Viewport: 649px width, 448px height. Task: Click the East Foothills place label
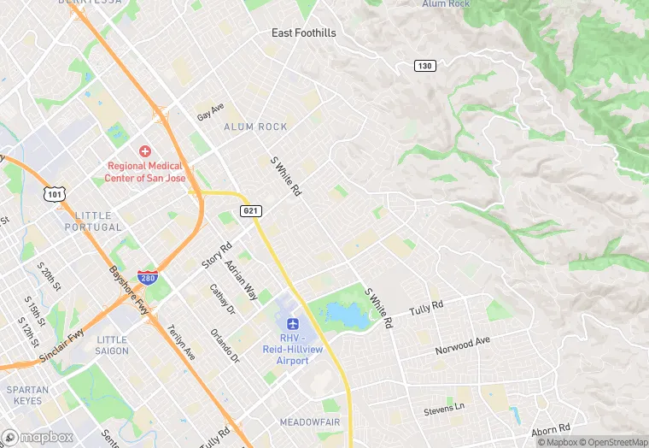point(303,33)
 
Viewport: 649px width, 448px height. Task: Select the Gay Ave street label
point(210,111)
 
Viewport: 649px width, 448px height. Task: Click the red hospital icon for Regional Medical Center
point(144,150)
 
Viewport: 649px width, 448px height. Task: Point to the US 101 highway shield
point(54,195)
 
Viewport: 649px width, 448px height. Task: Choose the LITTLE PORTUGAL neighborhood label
point(93,221)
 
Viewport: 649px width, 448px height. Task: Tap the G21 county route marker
point(251,210)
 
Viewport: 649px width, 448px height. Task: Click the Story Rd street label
point(217,256)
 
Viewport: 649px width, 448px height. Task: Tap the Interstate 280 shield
point(147,278)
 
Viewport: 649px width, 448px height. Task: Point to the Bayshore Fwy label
point(129,291)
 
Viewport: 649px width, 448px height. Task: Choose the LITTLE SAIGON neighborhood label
point(112,345)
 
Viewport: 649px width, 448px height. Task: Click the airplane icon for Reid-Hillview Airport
point(294,324)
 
